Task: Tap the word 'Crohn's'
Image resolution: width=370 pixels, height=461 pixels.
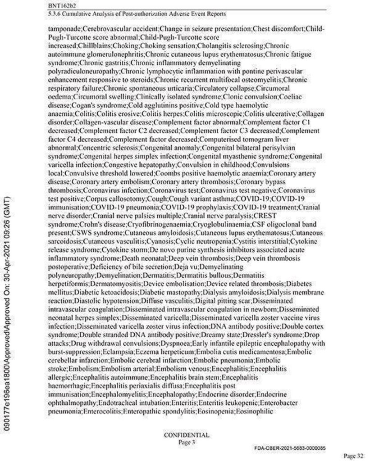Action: pos(93,223)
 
